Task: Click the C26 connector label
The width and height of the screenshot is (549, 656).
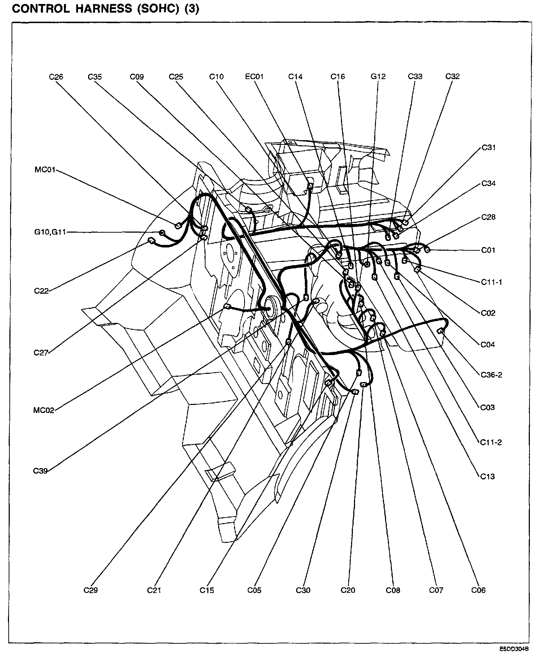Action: click(56, 77)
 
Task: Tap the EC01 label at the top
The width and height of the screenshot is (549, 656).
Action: click(254, 77)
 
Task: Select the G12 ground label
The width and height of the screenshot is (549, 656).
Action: click(378, 77)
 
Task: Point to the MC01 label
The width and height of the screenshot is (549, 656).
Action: click(45, 169)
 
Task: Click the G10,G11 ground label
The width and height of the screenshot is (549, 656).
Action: click(50, 232)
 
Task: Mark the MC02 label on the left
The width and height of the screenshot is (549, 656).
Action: click(43, 410)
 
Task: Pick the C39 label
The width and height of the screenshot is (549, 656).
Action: click(40, 471)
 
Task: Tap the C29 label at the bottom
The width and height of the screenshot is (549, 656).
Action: click(91, 590)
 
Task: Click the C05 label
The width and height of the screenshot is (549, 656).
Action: click(254, 590)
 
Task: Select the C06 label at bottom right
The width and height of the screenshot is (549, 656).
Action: click(479, 590)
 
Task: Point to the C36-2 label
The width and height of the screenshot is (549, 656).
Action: click(491, 375)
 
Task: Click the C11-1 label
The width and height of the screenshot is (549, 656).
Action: click(491, 282)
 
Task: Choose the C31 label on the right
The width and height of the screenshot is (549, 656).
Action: click(488, 147)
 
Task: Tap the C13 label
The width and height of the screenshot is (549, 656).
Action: click(488, 476)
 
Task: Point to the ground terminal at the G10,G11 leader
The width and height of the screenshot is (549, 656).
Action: click(162, 232)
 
